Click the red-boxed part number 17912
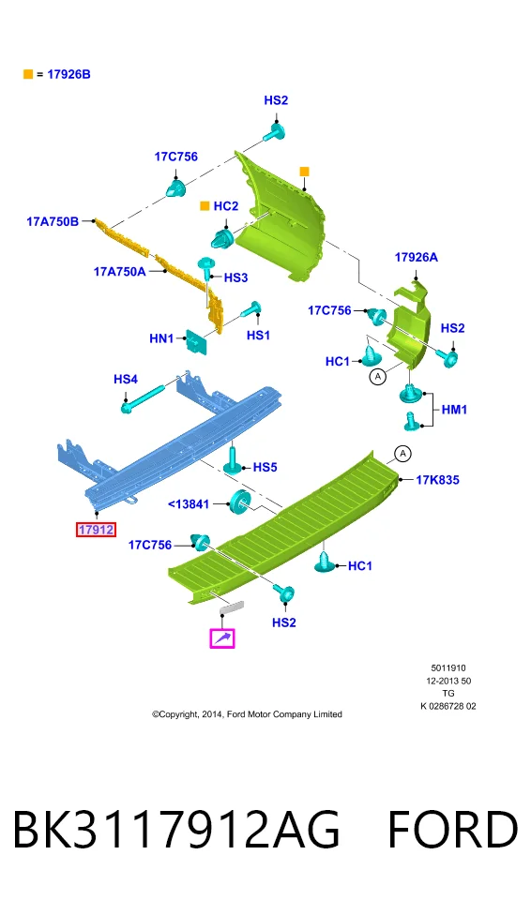[96, 529]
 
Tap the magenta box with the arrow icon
[222, 638]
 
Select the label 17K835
[438, 480]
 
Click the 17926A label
[416, 257]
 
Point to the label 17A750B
[53, 221]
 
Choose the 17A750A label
[120, 272]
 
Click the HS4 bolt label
[126, 380]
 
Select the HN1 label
[161, 338]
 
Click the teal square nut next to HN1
[195, 341]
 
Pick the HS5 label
[265, 467]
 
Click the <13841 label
[189, 504]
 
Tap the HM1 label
[454, 410]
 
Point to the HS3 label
[235, 277]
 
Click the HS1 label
[258, 335]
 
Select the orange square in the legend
[27, 74]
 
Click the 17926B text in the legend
[69, 74]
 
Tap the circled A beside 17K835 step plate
[402, 454]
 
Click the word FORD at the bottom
[453, 830]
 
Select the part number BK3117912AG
[175, 830]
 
